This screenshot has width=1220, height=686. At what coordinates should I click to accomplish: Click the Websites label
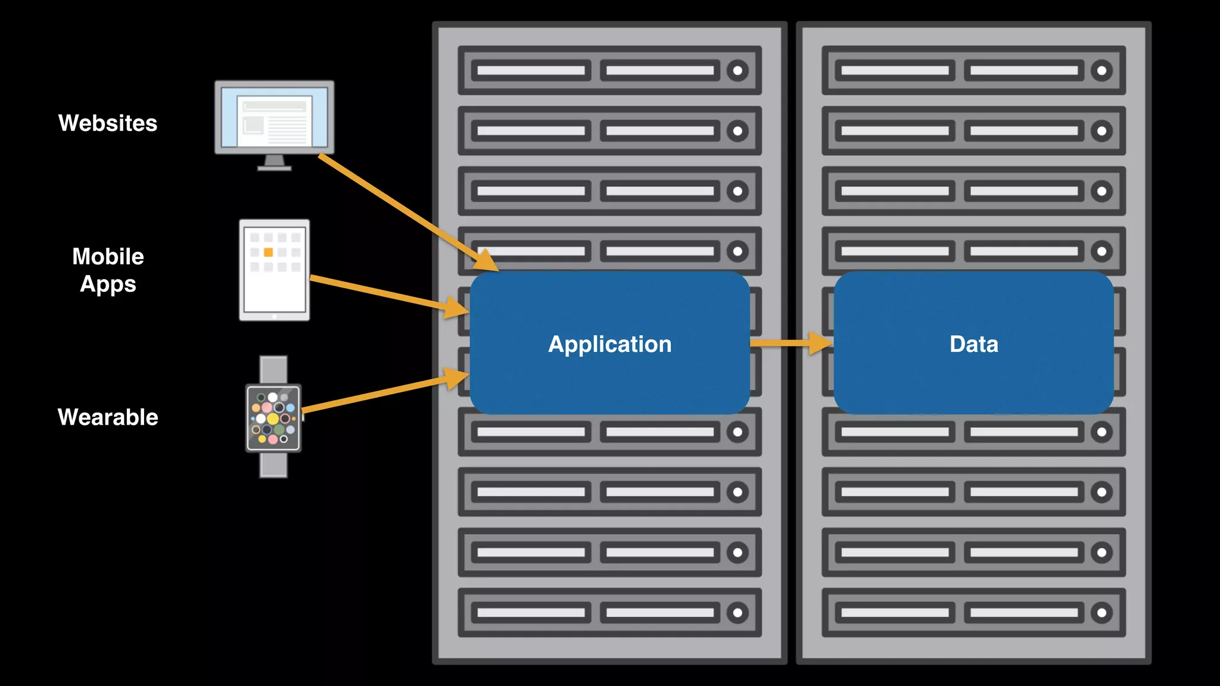point(108,123)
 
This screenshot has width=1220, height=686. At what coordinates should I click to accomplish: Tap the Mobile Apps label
point(108,270)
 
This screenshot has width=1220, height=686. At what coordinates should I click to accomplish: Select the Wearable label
point(108,417)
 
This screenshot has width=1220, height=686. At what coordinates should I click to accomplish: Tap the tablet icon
point(274,286)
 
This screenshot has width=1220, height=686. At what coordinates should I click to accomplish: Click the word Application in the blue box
point(609,344)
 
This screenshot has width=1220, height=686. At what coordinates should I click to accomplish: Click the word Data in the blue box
point(973,344)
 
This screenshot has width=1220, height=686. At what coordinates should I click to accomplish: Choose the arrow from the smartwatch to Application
point(381,393)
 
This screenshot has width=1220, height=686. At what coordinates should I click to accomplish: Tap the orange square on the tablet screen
point(268,252)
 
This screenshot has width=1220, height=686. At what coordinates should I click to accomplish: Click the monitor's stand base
point(274,168)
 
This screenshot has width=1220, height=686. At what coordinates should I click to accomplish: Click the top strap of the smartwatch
point(273,369)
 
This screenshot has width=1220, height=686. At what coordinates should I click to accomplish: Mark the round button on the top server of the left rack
point(737,71)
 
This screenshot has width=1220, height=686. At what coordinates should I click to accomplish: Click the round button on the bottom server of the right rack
point(1101,613)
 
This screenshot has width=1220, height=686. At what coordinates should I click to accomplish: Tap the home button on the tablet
point(274,317)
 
